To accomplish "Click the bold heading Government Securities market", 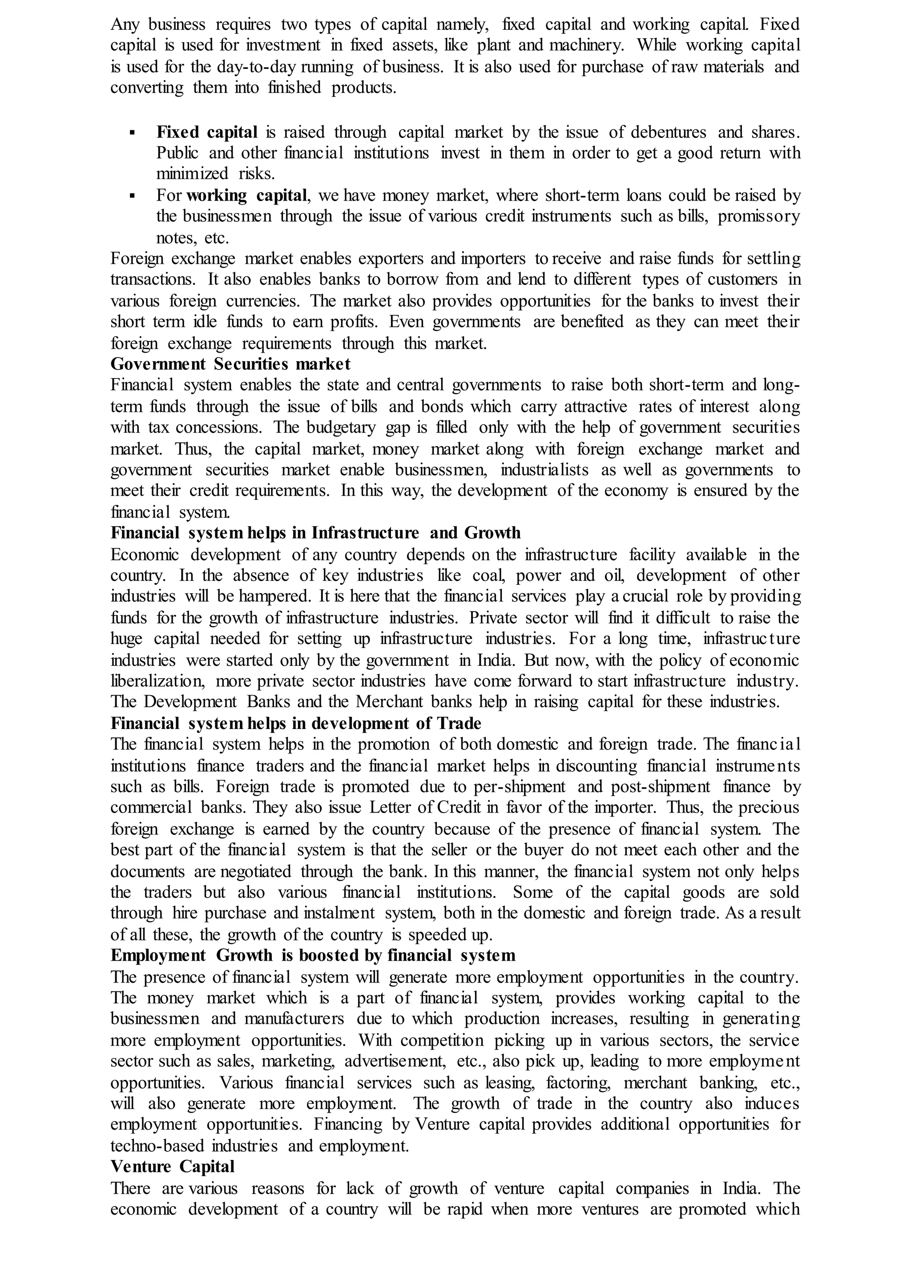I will point(230,364).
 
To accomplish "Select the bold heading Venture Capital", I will point(172,1166).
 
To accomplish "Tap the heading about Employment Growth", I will point(312,955).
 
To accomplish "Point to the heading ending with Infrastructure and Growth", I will point(315,532).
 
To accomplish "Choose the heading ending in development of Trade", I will point(296,723).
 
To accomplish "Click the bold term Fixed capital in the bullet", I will point(207,133).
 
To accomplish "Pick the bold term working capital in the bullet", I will point(247,196).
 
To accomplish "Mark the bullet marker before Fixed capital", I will point(133,133).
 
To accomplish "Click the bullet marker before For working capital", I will point(133,196).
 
